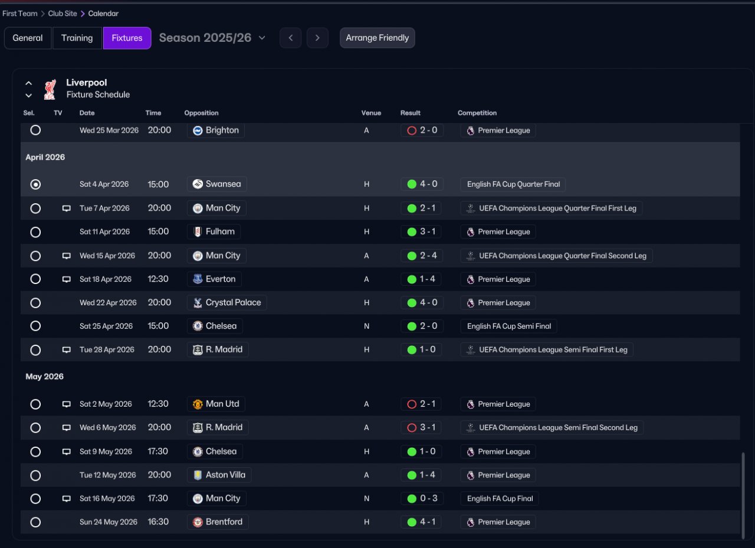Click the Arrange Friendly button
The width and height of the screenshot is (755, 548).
tap(377, 38)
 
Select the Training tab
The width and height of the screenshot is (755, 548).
tap(77, 38)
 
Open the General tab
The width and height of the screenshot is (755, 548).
tap(28, 38)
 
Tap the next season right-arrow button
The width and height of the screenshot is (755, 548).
tap(317, 38)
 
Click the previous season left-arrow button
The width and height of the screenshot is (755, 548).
tap(290, 38)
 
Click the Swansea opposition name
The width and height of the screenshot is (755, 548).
tap(223, 184)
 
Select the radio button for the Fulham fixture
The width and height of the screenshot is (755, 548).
tap(35, 232)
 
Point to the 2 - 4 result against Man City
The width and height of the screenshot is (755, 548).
tap(421, 255)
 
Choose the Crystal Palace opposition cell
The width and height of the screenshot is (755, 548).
tap(226, 302)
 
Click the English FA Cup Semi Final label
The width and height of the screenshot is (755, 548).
tap(508, 326)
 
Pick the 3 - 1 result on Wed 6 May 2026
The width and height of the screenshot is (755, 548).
tap(421, 427)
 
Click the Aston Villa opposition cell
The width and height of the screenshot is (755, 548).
tap(219, 474)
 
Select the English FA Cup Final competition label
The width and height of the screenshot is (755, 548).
tap(500, 499)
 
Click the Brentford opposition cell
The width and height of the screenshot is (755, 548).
tap(218, 521)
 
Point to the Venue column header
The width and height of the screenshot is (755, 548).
tap(371, 113)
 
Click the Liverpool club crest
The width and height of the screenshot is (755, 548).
tap(50, 89)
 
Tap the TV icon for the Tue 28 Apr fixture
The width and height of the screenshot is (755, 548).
tap(67, 349)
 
